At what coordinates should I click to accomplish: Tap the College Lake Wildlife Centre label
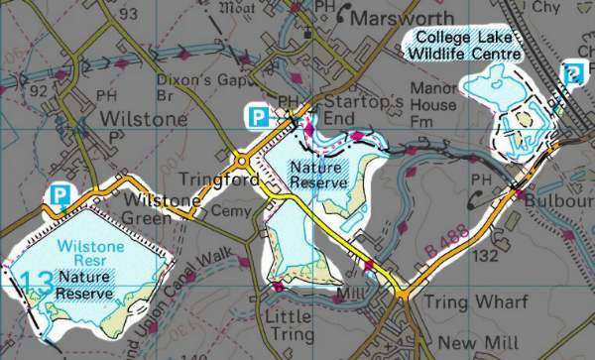tap(463, 45)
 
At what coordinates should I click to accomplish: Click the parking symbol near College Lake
tap(573, 71)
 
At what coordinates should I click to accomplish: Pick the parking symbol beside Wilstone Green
tap(60, 194)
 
